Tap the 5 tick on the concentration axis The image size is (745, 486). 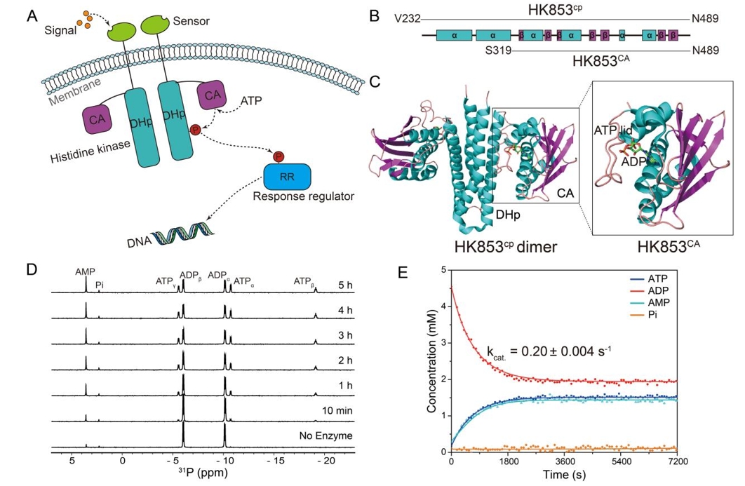[443, 269]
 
